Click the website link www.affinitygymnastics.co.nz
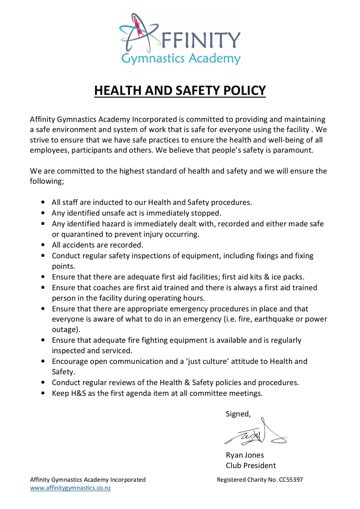click(x=70, y=488)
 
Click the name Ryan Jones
click(x=245, y=455)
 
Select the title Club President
click(x=251, y=465)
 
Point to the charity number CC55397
click(x=291, y=480)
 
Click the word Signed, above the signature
click(x=238, y=414)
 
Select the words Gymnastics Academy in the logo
click(x=181, y=59)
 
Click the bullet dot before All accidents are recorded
click(x=43, y=245)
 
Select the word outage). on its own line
click(x=66, y=329)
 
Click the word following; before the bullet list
click(x=47, y=181)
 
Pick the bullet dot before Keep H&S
click(x=43, y=393)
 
